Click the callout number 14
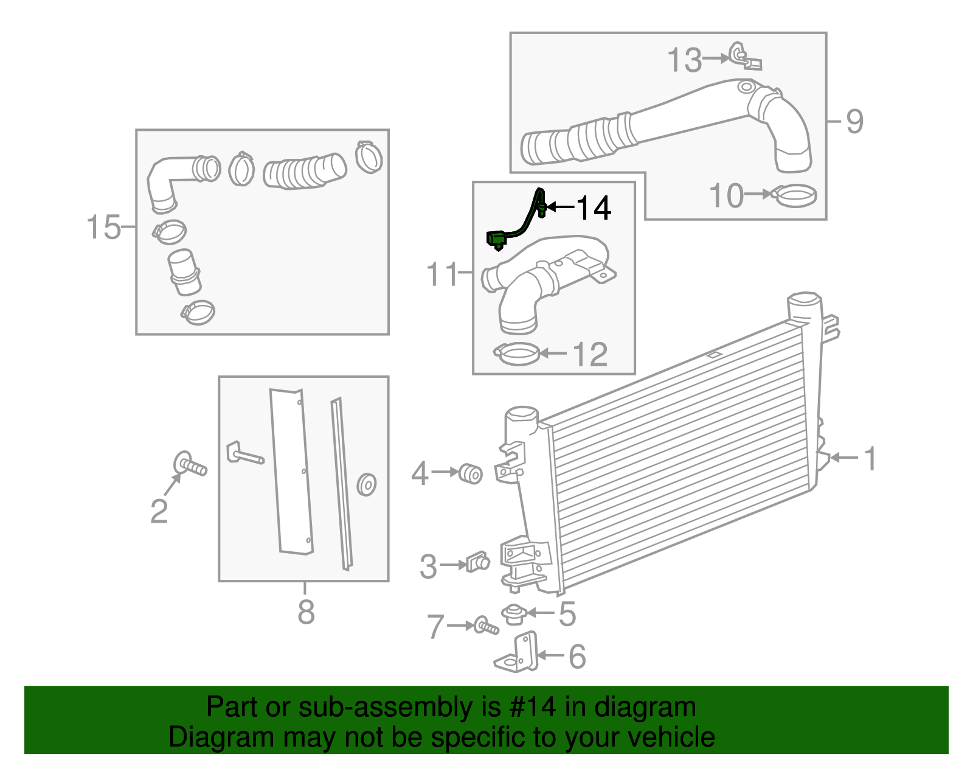pos(593,208)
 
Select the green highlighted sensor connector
pos(496,239)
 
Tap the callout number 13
pos(684,60)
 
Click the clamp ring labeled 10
pos(794,195)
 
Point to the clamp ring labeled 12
pos(518,354)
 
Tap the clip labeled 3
pos(477,562)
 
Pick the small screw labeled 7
pos(486,626)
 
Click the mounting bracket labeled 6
pos(519,654)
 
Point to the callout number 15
pos(103,228)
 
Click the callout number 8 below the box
pos(306,612)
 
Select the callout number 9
pos(854,121)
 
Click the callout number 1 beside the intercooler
pos(870,458)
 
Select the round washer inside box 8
pos(367,484)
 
